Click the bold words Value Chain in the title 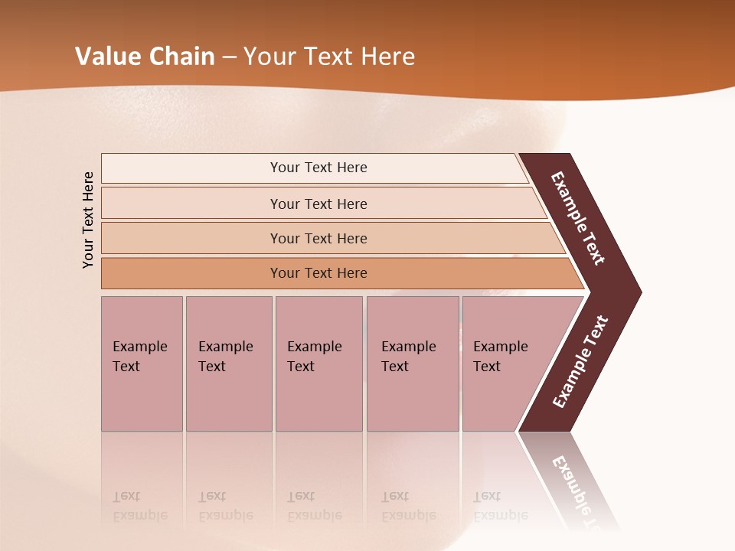click(145, 57)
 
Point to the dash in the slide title click(229, 57)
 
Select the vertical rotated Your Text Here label click(88, 220)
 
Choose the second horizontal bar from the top click(318, 204)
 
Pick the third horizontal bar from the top click(318, 238)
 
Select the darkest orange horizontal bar click(318, 273)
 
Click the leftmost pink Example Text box click(142, 364)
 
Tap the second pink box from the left click(228, 364)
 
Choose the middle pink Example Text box click(318, 364)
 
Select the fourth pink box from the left click(413, 364)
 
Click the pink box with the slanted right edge click(505, 364)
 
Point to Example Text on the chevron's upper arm click(578, 218)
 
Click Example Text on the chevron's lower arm click(580, 362)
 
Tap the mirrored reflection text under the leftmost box click(140, 506)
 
